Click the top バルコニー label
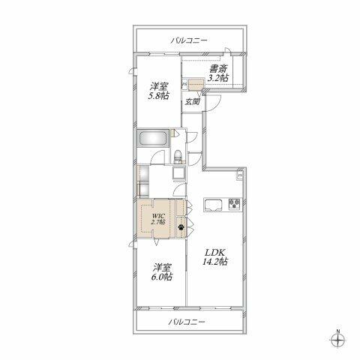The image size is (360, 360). pyautogui.click(x=189, y=40)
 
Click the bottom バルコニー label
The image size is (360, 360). pyautogui.click(x=187, y=322)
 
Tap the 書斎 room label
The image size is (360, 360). pyautogui.click(x=218, y=68)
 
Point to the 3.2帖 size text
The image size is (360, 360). pyautogui.click(x=218, y=78)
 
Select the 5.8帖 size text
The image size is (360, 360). pyautogui.click(x=158, y=96)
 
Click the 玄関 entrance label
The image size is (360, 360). pyautogui.click(x=192, y=102)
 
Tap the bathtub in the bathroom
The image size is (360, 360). pyautogui.click(x=153, y=139)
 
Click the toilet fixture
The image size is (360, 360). pyautogui.click(x=178, y=157)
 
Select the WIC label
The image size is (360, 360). pyautogui.click(x=158, y=216)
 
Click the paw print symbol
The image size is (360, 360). pyautogui.click(x=181, y=227)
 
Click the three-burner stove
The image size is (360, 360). pyautogui.click(x=235, y=203)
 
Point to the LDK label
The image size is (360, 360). pyautogui.click(x=214, y=252)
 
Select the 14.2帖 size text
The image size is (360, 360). pyautogui.click(x=214, y=262)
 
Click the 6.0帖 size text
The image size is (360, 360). pyautogui.click(x=162, y=277)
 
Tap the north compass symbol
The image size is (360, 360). pyautogui.click(x=338, y=340)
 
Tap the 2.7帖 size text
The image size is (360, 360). pyautogui.click(x=158, y=222)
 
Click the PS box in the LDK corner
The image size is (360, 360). pyautogui.click(x=240, y=175)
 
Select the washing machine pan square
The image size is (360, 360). pyautogui.click(x=179, y=173)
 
